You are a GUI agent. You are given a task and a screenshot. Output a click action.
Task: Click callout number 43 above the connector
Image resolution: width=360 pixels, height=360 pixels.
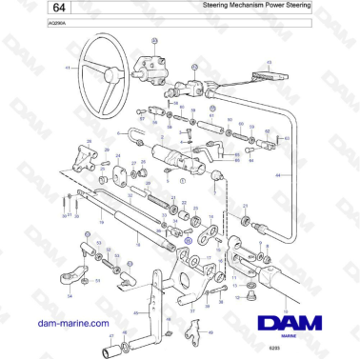pos(270,63)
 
